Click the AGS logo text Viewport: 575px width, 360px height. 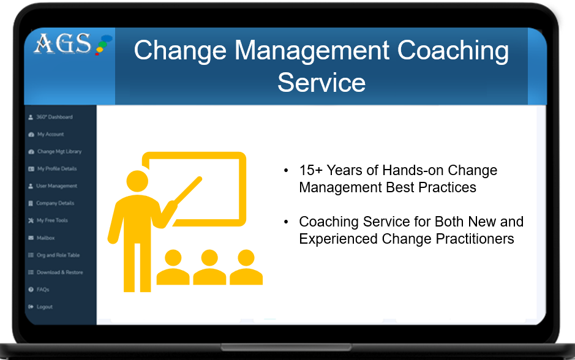click(62, 43)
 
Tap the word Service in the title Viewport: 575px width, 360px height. click(321, 83)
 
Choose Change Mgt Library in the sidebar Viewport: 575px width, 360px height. click(55, 151)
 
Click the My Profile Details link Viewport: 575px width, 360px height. click(53, 168)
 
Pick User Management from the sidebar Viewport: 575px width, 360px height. click(53, 186)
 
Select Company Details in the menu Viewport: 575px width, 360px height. click(51, 203)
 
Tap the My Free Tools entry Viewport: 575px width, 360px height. click(48, 220)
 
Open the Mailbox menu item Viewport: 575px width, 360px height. click(42, 238)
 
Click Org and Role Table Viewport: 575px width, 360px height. click(54, 255)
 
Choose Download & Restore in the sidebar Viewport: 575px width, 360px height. click(56, 272)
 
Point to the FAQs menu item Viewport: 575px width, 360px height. click(39, 290)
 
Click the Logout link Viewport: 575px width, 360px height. click(40, 307)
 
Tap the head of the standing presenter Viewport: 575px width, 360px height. click(137, 181)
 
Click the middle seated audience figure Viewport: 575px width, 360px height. click(209, 267)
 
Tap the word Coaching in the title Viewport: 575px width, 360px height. click(453, 51)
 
